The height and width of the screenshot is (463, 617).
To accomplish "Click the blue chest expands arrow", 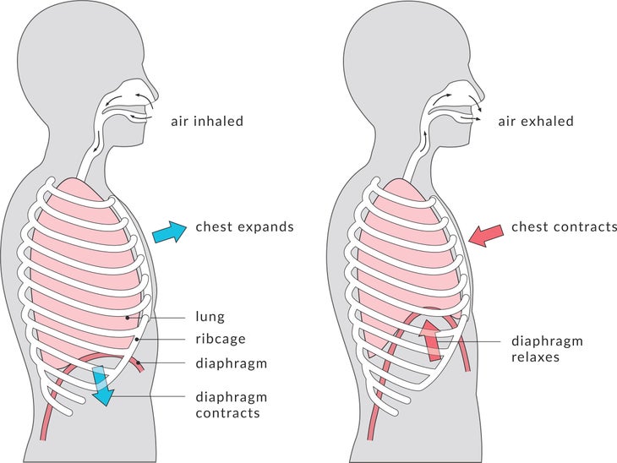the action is click(x=169, y=232).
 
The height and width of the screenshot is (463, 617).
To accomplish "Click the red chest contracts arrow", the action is click(x=486, y=236).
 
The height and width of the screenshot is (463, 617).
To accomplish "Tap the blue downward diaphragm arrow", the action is click(x=103, y=385).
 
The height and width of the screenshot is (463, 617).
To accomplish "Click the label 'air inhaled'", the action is click(x=207, y=121).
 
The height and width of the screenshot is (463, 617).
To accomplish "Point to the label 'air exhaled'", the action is click(x=536, y=121).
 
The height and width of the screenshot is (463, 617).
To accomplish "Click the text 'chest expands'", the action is click(x=245, y=227).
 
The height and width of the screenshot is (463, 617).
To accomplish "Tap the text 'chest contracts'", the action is click(x=564, y=227).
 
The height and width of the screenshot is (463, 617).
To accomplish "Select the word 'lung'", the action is click(x=210, y=317).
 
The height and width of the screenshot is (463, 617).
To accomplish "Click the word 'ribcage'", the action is click(x=221, y=339).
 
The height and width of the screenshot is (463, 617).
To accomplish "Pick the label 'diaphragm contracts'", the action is click(x=232, y=405).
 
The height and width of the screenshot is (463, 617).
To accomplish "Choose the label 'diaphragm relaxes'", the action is click(x=547, y=349).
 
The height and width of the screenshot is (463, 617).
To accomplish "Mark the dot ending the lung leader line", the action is click(x=128, y=317).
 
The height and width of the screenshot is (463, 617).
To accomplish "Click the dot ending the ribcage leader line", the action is click(x=137, y=339).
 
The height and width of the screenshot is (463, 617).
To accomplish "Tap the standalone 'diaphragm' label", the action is click(x=232, y=363).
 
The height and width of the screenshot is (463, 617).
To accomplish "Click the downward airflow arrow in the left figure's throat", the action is click(x=96, y=143).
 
